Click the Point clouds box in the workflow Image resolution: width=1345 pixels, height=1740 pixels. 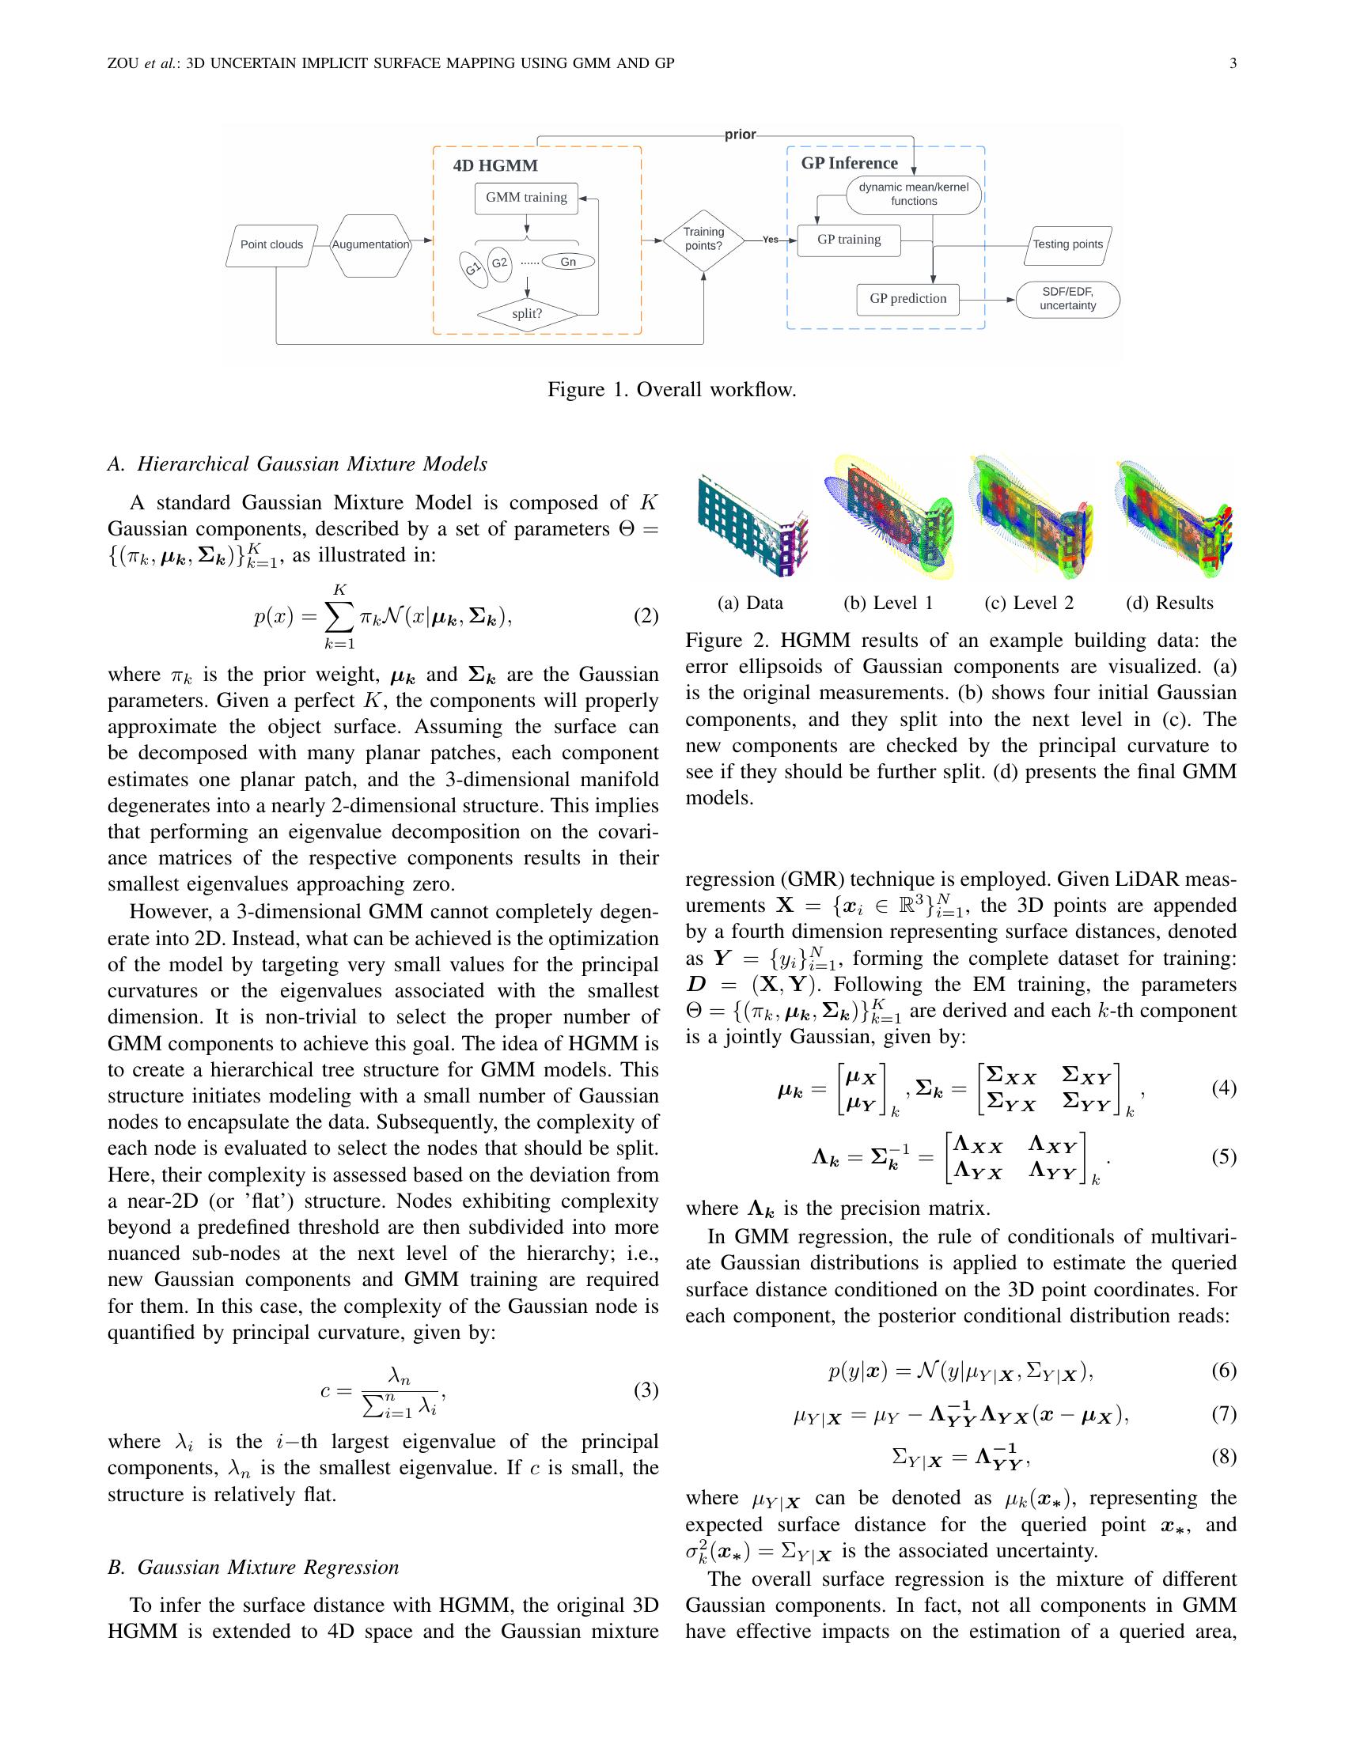[271, 244]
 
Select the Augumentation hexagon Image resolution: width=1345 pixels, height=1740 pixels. [370, 244]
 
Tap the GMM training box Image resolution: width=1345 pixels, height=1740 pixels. [526, 198]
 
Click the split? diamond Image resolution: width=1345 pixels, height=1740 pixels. [527, 314]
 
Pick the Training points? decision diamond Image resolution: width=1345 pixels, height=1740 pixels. [703, 239]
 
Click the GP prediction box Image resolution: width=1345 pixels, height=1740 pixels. [907, 299]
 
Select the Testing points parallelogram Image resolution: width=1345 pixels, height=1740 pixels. [1068, 244]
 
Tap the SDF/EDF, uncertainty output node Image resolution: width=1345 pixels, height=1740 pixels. [1068, 300]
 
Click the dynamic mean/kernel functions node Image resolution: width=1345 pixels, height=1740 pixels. [913, 195]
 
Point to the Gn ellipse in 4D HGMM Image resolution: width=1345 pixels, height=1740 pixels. [568, 262]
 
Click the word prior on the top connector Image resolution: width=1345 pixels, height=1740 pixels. [740, 134]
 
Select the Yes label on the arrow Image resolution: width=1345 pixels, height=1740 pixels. [770, 240]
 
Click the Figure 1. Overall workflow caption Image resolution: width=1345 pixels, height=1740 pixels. [672, 390]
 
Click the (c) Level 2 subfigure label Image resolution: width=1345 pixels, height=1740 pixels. [1029, 603]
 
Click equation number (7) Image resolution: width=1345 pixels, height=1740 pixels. [1223, 1414]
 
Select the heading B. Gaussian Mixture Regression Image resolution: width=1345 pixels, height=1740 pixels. [253, 1567]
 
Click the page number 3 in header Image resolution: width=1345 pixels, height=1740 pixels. [1233, 63]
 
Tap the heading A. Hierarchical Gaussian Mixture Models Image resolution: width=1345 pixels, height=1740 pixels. [297, 464]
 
